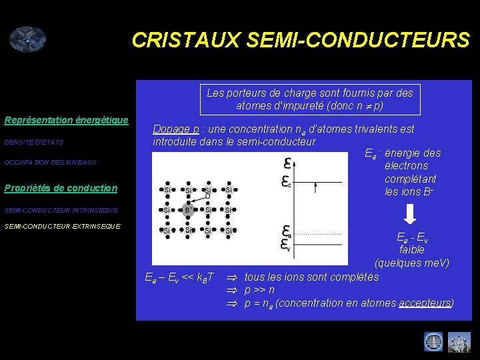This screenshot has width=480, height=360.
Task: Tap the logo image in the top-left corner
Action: tap(27, 39)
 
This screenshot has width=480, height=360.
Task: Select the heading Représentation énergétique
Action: tap(66, 120)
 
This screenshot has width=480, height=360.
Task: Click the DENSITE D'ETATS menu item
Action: tap(33, 142)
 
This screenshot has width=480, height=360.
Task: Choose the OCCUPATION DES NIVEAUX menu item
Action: tap(50, 163)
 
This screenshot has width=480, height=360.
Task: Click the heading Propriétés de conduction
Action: tap(61, 188)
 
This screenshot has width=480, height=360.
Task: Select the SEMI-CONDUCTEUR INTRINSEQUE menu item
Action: tap(61, 210)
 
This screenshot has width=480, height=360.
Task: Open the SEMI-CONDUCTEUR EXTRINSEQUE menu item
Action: tap(63, 226)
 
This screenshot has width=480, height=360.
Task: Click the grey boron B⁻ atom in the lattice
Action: tap(189, 210)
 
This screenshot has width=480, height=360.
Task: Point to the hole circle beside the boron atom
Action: tap(207, 196)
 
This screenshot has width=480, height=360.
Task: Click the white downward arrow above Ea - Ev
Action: tap(411, 214)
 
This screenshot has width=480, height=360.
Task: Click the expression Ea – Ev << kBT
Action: tap(179, 277)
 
